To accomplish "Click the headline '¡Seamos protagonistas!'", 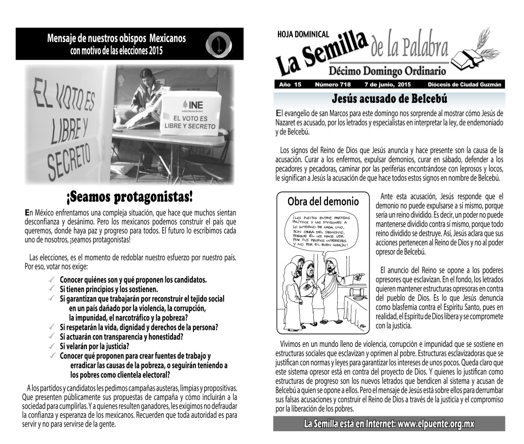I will pyautogui.click(x=130, y=197).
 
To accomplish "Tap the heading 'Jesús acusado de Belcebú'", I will pyautogui.click(x=389, y=98).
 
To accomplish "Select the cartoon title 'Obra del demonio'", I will pyautogui.click(x=322, y=201).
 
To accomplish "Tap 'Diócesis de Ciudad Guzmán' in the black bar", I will pyautogui.click(x=465, y=84).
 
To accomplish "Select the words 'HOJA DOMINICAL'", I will pyautogui.click(x=302, y=34).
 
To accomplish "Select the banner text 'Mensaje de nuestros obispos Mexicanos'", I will pyautogui.click(x=116, y=38).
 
